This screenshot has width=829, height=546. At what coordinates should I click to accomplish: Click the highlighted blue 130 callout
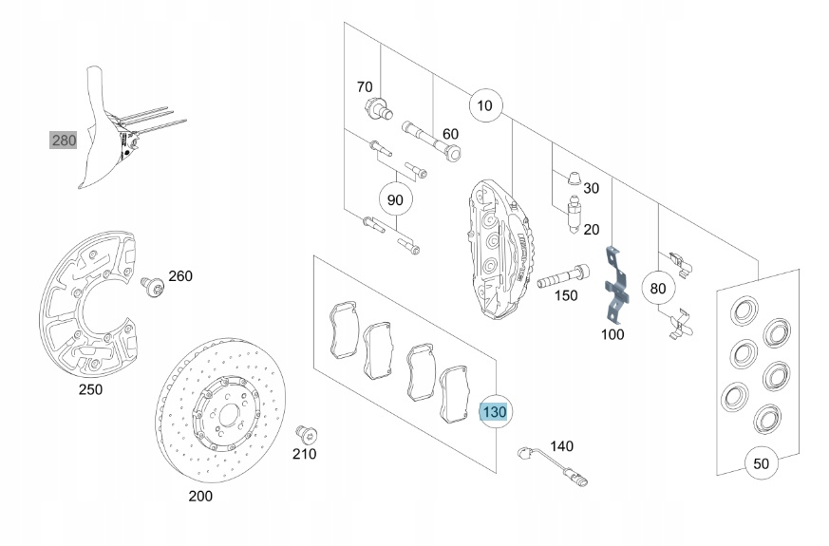click(x=495, y=412)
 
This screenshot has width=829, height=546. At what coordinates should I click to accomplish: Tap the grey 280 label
click(x=64, y=141)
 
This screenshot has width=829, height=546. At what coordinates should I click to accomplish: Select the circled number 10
click(x=485, y=105)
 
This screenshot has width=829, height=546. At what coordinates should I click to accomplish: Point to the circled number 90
click(x=396, y=199)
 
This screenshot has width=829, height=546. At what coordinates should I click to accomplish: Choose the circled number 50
click(x=761, y=463)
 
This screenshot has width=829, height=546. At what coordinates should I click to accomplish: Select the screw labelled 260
click(x=149, y=284)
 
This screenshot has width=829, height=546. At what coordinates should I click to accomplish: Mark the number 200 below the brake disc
click(x=200, y=496)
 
